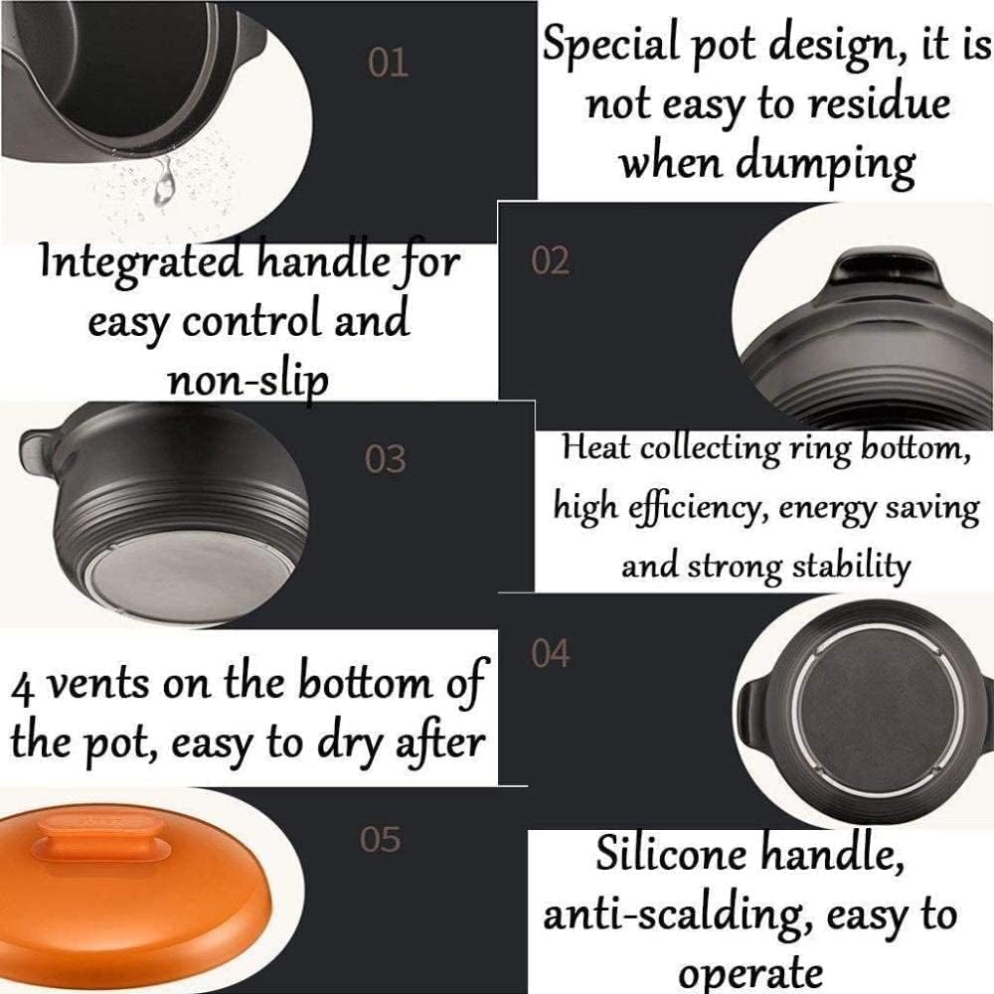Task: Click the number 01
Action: click(388, 64)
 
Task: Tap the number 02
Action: click(551, 260)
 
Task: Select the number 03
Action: click(386, 458)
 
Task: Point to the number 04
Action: click(551, 653)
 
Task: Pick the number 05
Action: click(381, 839)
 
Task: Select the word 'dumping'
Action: click(825, 164)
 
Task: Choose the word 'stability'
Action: click(851, 566)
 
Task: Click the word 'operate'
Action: click(750, 972)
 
